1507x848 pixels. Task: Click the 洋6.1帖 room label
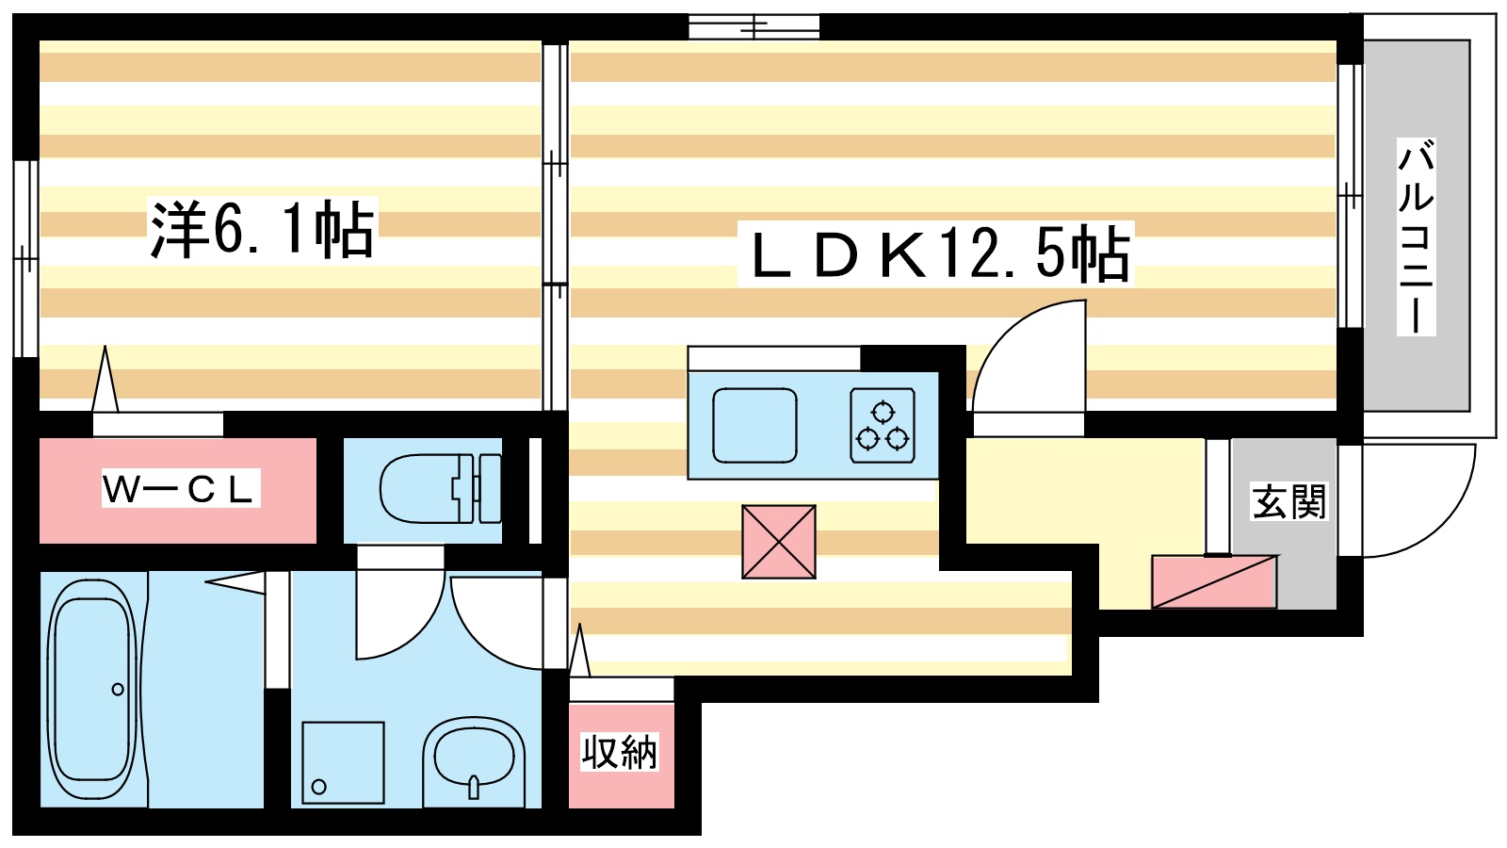(x=263, y=229)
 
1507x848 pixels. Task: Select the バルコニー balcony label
(x=1416, y=236)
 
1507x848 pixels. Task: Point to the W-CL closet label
(x=180, y=489)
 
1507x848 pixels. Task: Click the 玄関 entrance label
(x=1288, y=501)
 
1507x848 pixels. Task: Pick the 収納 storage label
(x=620, y=752)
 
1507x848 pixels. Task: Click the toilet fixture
(x=441, y=488)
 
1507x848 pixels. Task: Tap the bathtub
(x=94, y=688)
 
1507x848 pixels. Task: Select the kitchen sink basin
(x=754, y=425)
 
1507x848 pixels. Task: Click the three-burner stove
(x=882, y=425)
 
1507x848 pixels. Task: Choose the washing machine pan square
(x=343, y=762)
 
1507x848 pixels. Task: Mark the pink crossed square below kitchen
(x=778, y=542)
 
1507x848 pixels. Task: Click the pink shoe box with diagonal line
(x=1214, y=581)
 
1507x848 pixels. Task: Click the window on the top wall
(x=754, y=27)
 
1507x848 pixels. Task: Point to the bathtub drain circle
(x=118, y=689)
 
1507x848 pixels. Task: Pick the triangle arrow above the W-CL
(x=105, y=378)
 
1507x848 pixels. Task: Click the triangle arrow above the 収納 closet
(x=579, y=650)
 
